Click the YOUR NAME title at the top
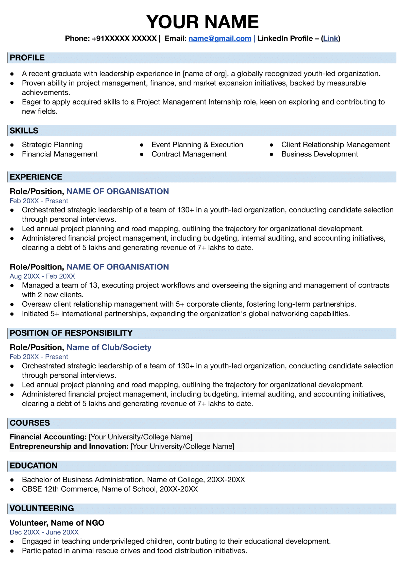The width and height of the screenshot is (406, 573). pyautogui.click(x=202, y=22)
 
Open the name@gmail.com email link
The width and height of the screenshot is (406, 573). pyautogui.click(x=220, y=39)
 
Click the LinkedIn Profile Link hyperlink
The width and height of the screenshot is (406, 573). pyautogui.click(x=330, y=39)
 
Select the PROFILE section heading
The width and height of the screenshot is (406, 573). pyautogui.click(x=27, y=58)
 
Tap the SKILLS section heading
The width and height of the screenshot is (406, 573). pyautogui.click(x=24, y=131)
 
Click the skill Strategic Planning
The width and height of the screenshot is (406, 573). pyautogui.click(x=52, y=145)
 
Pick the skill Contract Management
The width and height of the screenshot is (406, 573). pyautogui.click(x=189, y=154)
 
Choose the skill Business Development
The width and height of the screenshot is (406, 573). pyautogui.click(x=319, y=154)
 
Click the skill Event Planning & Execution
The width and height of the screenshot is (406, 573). pyautogui.click(x=197, y=145)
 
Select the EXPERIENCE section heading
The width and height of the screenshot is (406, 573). pyautogui.click(x=36, y=177)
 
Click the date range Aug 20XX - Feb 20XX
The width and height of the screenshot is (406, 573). pyautogui.click(x=42, y=276)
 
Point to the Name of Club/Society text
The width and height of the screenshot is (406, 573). pyautogui.click(x=109, y=347)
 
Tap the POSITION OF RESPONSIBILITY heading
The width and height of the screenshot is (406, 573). pyautogui.click(x=71, y=333)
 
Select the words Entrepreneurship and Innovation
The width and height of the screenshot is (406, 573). pyautogui.click(x=69, y=446)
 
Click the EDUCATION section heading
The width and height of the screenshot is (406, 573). pyautogui.click(x=33, y=466)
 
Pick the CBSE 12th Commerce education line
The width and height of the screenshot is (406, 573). pyautogui.click(x=110, y=489)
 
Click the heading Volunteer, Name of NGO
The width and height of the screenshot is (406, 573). pyautogui.click(x=57, y=523)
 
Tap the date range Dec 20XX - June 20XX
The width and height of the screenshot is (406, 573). pyautogui.click(x=44, y=532)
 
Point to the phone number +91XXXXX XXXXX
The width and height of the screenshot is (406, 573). pyautogui.click(x=124, y=39)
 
